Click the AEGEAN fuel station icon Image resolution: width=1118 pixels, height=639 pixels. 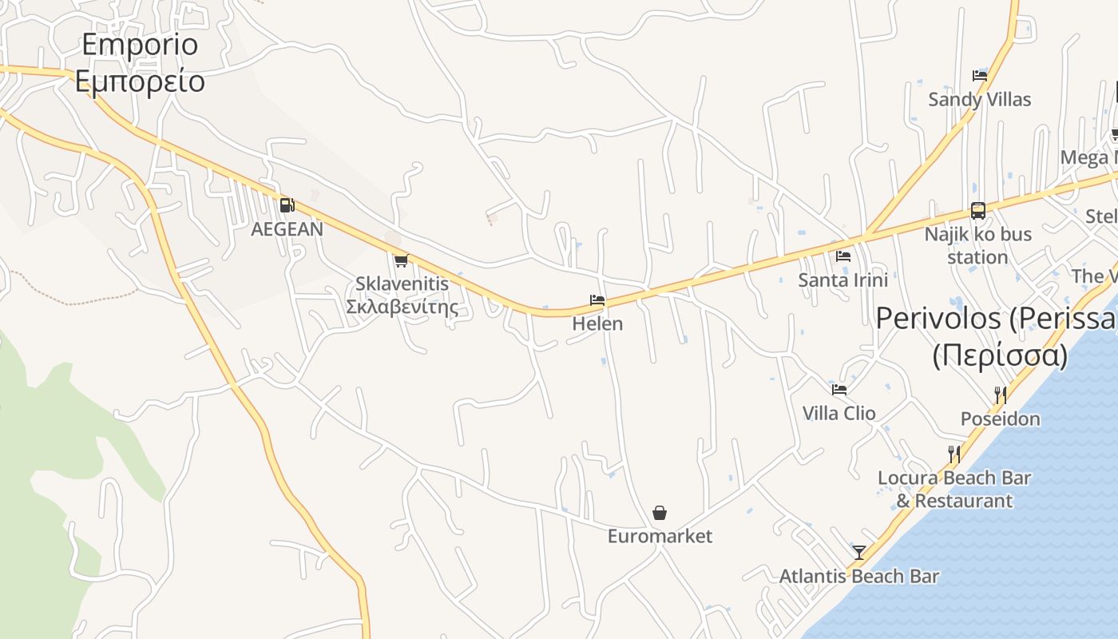tap(287, 205)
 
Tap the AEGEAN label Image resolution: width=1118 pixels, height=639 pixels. tap(287, 229)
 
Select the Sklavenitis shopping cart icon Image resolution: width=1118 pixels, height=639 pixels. tap(401, 260)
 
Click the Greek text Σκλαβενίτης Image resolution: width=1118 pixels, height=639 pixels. tap(402, 307)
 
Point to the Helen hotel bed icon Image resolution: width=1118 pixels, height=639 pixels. tap(597, 300)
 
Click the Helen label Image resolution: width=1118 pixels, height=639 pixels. tap(597, 324)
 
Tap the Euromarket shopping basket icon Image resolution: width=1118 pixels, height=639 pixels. tap(660, 512)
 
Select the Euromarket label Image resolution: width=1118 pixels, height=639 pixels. tap(660, 536)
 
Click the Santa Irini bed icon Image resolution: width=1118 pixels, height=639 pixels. tap(843, 256)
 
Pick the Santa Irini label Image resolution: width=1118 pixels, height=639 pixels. tap(843, 280)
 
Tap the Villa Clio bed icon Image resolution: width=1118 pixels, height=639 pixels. tap(839, 390)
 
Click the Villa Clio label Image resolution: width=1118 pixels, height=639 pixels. tap(839, 413)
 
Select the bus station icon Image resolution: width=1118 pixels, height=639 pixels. tap(978, 211)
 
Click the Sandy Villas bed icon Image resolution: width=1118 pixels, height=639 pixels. tap(980, 76)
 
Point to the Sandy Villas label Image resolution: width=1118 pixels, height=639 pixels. tap(980, 100)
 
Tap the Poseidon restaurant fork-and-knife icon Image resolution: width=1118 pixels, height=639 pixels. tap(1000, 395)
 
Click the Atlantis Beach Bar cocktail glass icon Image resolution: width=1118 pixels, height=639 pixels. tap(859, 552)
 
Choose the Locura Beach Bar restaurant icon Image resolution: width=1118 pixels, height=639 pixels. tap(953, 454)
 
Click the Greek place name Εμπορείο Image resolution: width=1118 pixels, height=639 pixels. tap(141, 82)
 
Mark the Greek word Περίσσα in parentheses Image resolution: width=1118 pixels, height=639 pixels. tap(1000, 355)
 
